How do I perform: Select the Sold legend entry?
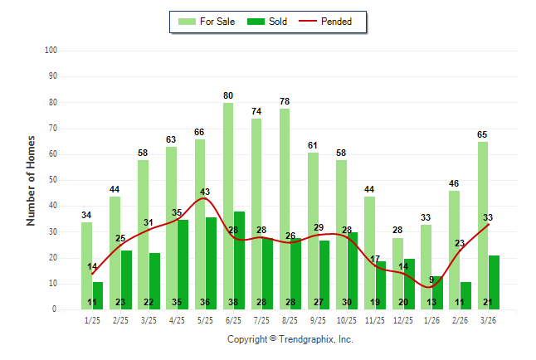tap(268, 22)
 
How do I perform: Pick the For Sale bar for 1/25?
tap(86, 265)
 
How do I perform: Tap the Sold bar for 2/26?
tap(465, 295)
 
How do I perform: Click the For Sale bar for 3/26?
tap(482, 225)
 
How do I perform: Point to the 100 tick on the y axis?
tap(51, 51)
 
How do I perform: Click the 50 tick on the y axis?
tap(52, 180)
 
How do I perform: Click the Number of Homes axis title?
tap(32, 180)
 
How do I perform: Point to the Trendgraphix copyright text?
tap(290, 339)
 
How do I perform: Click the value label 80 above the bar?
tap(228, 95)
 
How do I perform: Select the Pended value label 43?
tap(205, 192)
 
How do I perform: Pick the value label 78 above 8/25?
tap(285, 101)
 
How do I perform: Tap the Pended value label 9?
tap(431, 280)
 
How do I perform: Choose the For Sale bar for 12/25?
tap(397, 273)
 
